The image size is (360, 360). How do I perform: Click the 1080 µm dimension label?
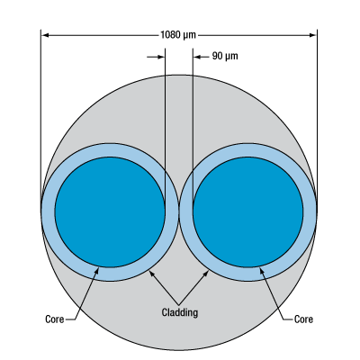coord(178,35)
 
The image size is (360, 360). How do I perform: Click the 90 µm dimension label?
coord(225,56)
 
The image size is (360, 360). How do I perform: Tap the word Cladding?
coord(180,312)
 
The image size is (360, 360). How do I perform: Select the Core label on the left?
coord(55,319)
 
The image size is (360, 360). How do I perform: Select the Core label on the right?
coord(303,319)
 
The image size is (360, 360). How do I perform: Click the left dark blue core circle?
coord(110,211)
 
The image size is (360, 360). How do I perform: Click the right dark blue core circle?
coord(247,211)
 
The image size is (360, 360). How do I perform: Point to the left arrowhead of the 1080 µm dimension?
coord(45,35)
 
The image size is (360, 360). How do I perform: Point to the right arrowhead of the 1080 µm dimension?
coord(313,35)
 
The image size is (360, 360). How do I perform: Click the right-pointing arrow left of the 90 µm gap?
coord(156,57)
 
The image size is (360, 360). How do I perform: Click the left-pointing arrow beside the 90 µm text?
coord(201,57)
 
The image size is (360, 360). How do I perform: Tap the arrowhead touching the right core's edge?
coord(262,271)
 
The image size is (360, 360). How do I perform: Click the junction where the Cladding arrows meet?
coord(179,303)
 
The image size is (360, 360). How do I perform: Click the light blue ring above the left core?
coord(110,149)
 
